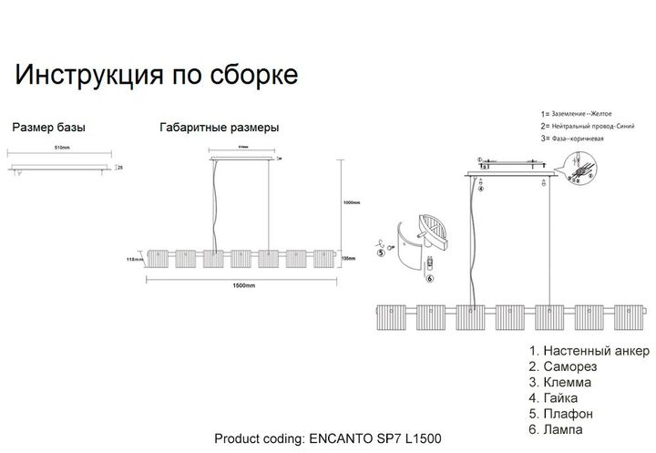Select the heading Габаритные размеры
[218, 128]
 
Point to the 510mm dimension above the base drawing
[63, 148]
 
